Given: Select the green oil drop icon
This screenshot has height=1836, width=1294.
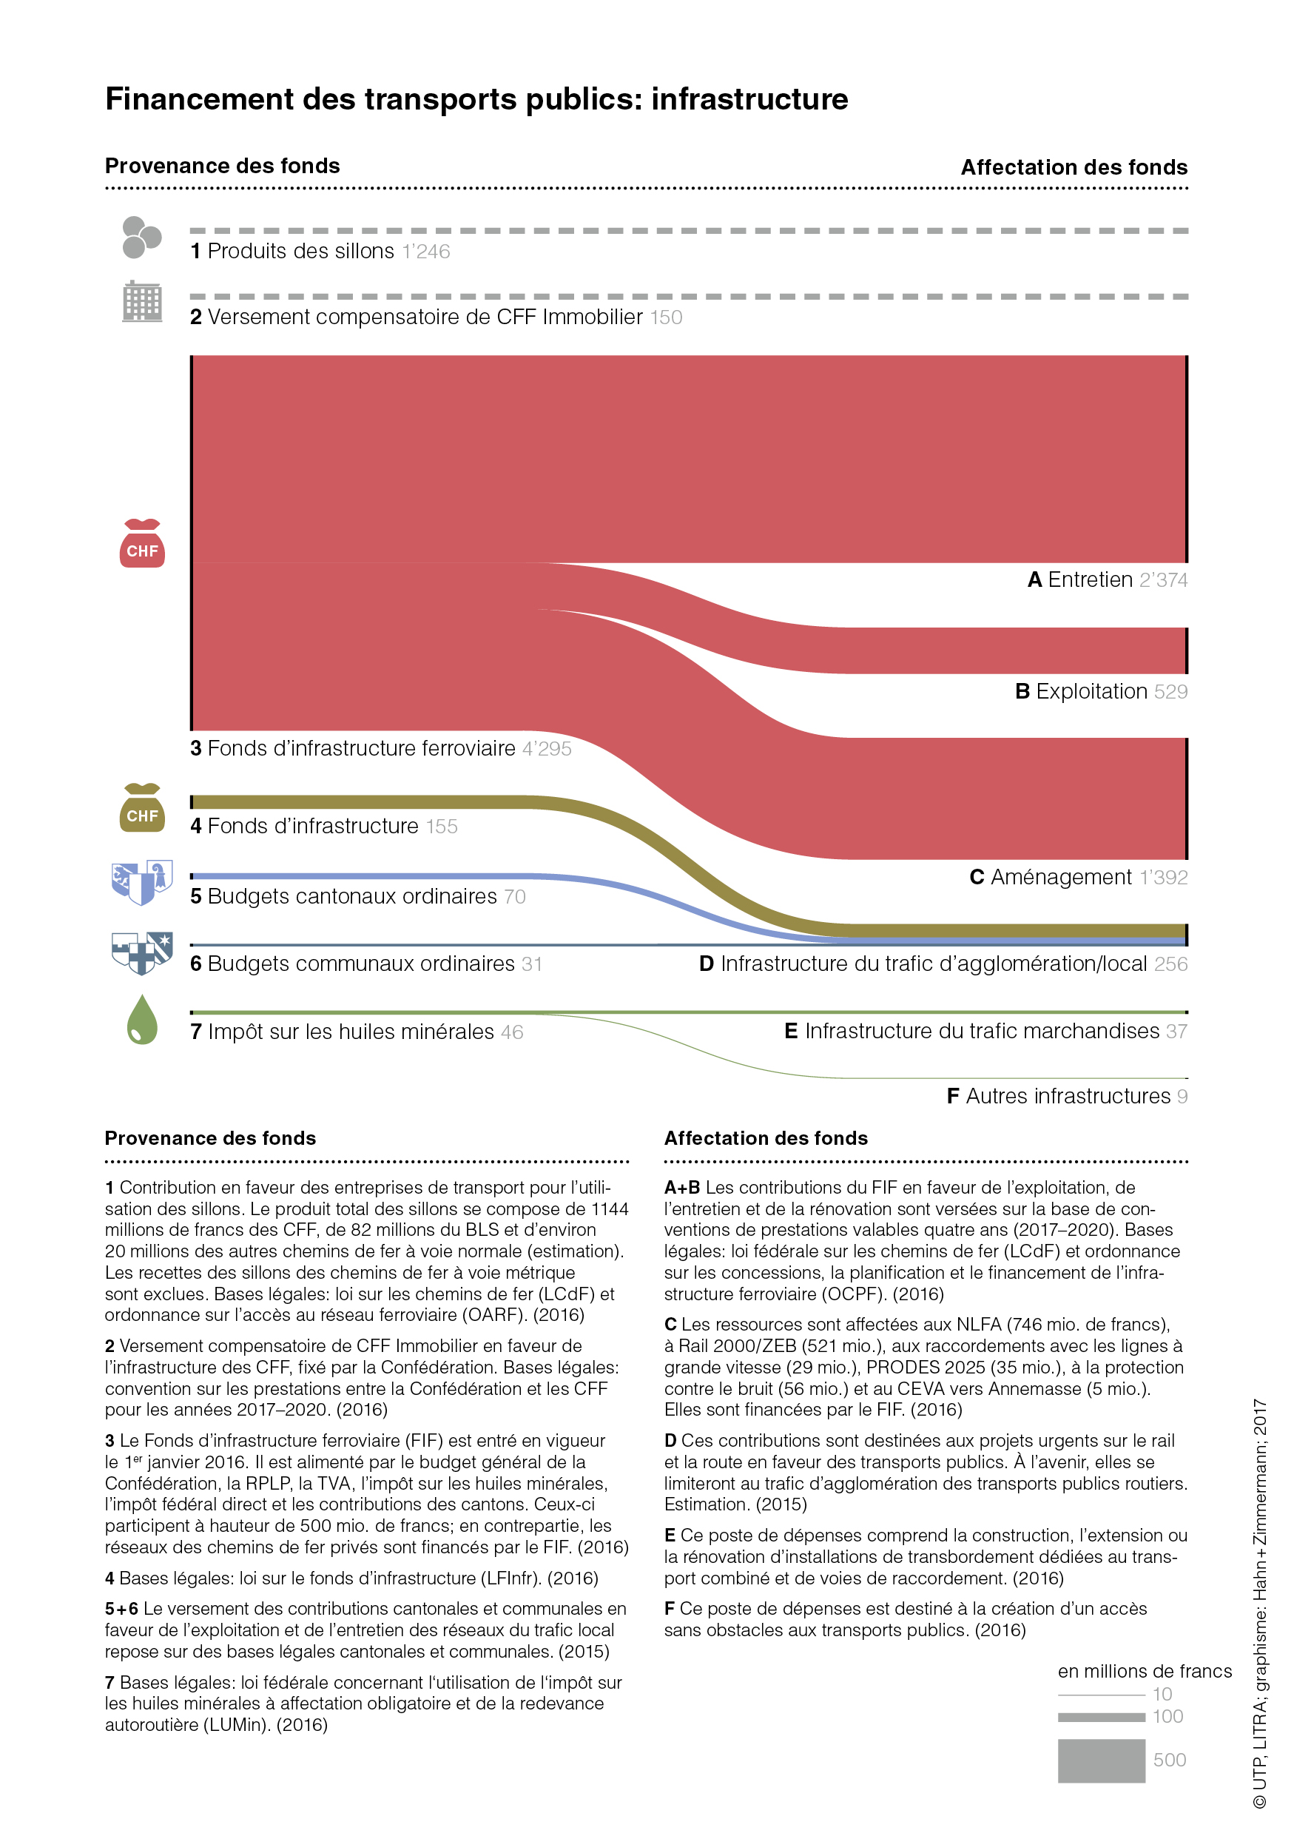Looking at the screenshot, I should (x=142, y=1020).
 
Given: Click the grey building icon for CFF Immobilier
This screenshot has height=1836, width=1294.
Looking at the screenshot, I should (x=142, y=301).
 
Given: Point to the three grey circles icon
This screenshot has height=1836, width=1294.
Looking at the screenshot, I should (x=141, y=238).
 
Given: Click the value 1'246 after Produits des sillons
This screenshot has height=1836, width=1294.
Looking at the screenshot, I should (x=426, y=252).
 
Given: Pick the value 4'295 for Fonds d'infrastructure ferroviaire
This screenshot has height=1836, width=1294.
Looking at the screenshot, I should (x=547, y=749).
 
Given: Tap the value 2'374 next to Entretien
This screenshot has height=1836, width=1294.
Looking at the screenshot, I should (x=1163, y=579).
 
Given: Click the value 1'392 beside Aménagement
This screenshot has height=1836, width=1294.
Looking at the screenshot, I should (x=1163, y=877).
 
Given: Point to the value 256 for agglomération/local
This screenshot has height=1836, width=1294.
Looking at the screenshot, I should (x=1170, y=964).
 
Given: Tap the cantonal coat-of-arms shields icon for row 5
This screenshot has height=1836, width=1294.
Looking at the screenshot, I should (x=142, y=882).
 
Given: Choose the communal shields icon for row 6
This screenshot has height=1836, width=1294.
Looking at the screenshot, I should (x=142, y=952).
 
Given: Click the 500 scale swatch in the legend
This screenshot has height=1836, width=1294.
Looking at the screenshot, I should (x=1102, y=1761).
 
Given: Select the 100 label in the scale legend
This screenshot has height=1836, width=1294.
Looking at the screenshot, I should (x=1167, y=1716).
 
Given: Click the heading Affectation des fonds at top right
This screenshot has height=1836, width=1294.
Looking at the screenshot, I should (x=1074, y=168).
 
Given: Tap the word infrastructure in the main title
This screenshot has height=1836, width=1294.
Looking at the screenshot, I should (x=749, y=99).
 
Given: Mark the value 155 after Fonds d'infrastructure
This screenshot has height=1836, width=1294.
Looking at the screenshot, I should (x=441, y=827).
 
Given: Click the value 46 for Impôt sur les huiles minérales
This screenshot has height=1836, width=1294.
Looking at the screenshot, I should (x=511, y=1032).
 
